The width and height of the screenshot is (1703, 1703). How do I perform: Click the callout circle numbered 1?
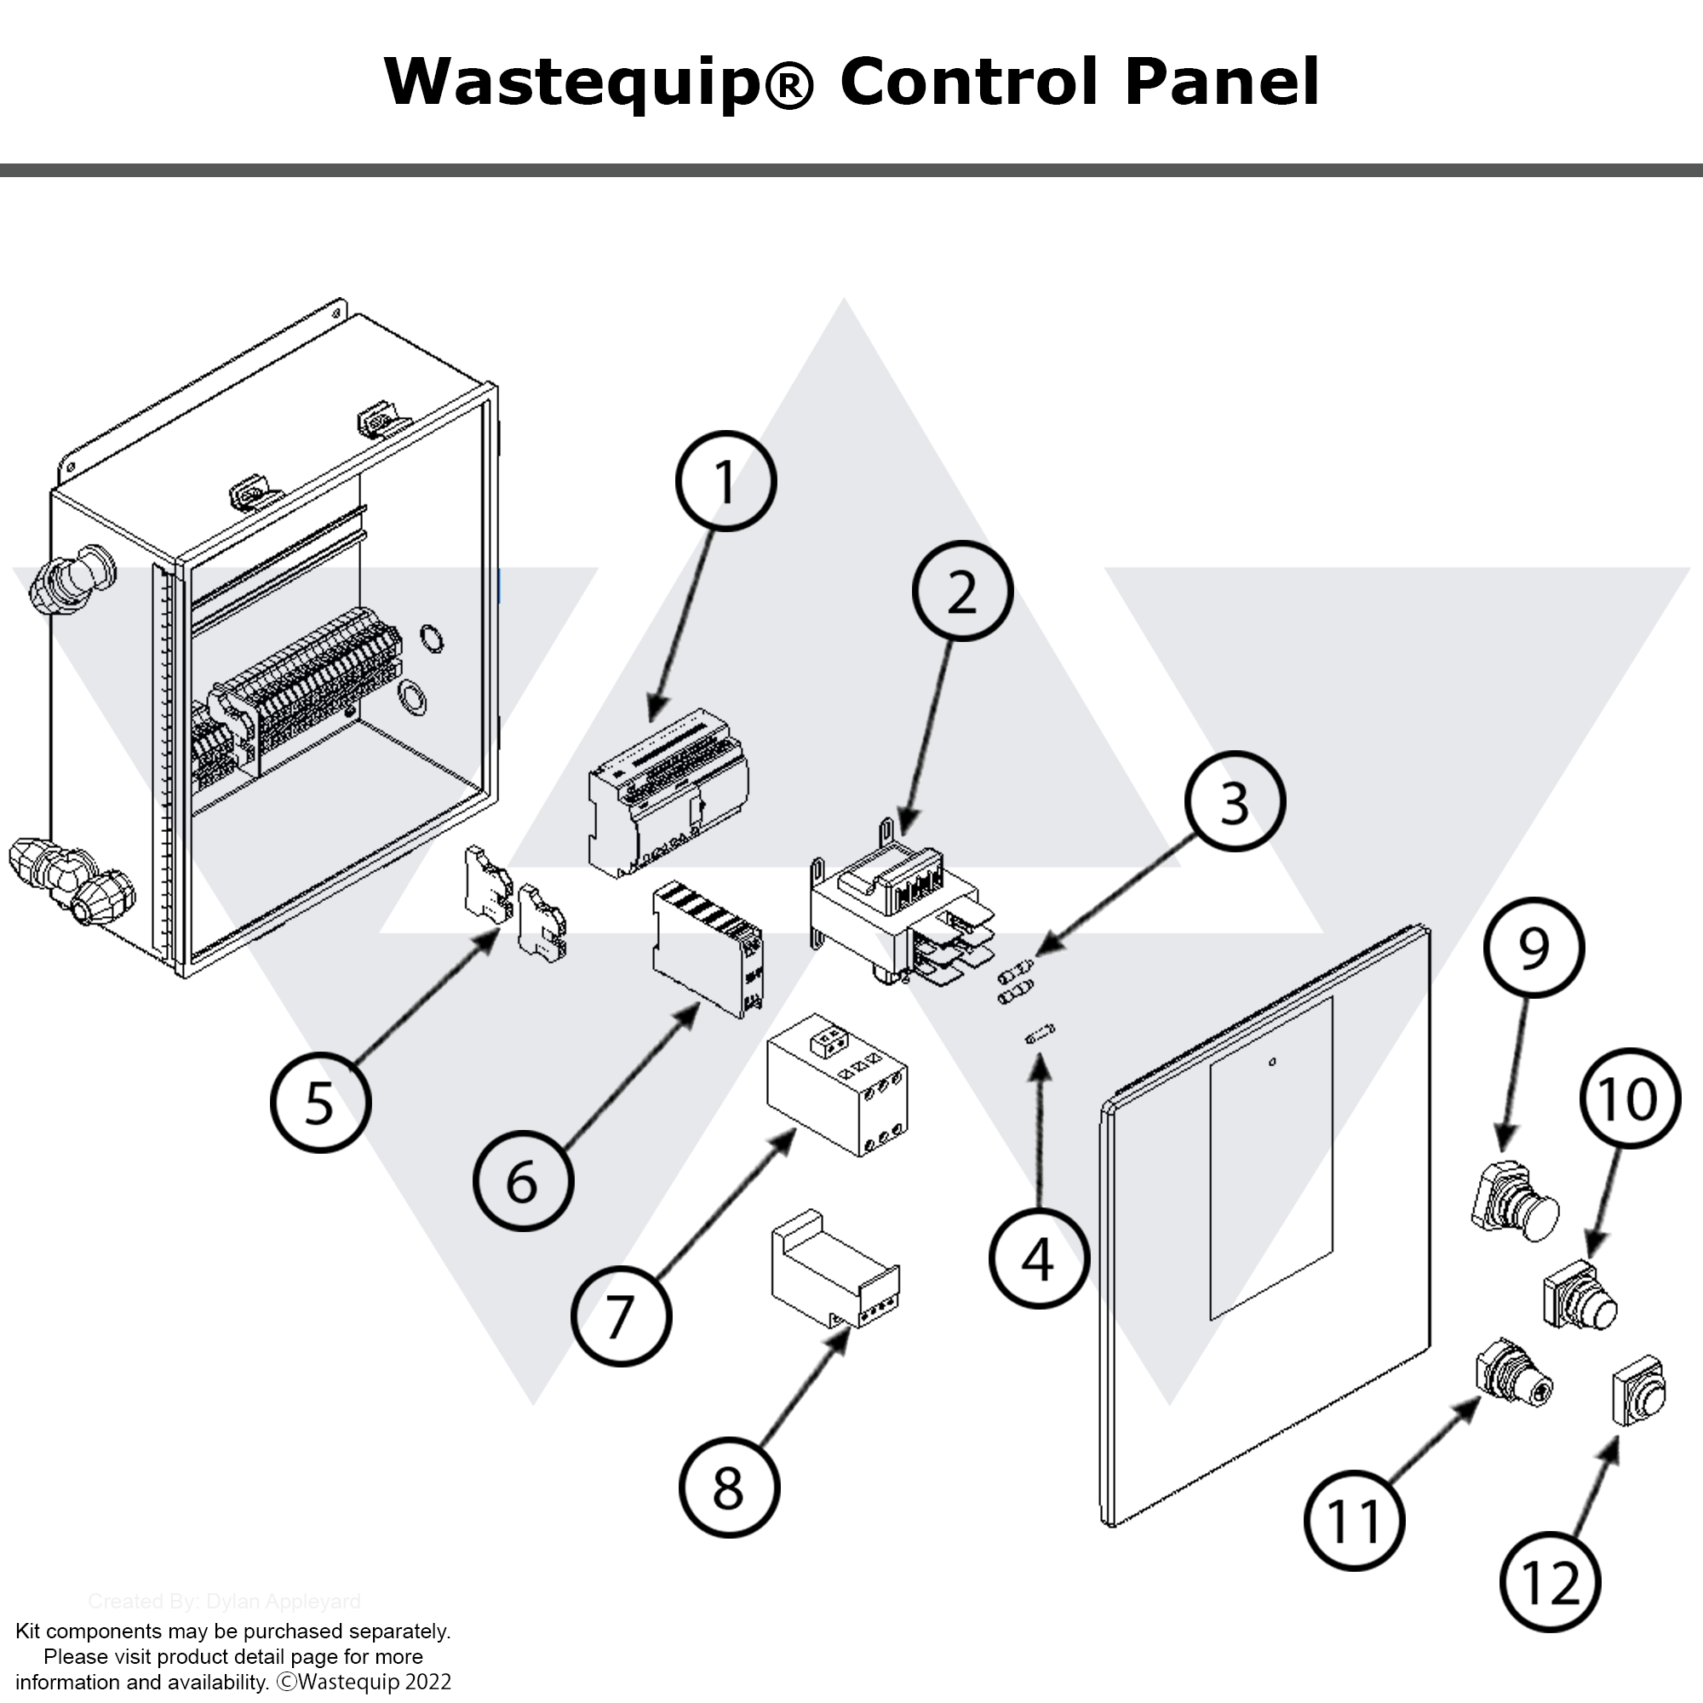coord(725,481)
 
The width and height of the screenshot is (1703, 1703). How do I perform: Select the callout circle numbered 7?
coord(621,1317)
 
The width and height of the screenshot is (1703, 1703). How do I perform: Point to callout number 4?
coord(1037,1259)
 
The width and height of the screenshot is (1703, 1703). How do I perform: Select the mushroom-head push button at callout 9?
coord(1514,1201)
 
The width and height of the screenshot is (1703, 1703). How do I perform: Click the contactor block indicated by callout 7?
coord(837,1086)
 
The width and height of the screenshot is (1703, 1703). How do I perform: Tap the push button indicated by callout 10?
coord(1579,1297)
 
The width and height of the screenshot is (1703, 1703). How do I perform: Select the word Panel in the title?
coord(1222,82)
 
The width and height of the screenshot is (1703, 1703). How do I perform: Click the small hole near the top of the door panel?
coord(1271,1062)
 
